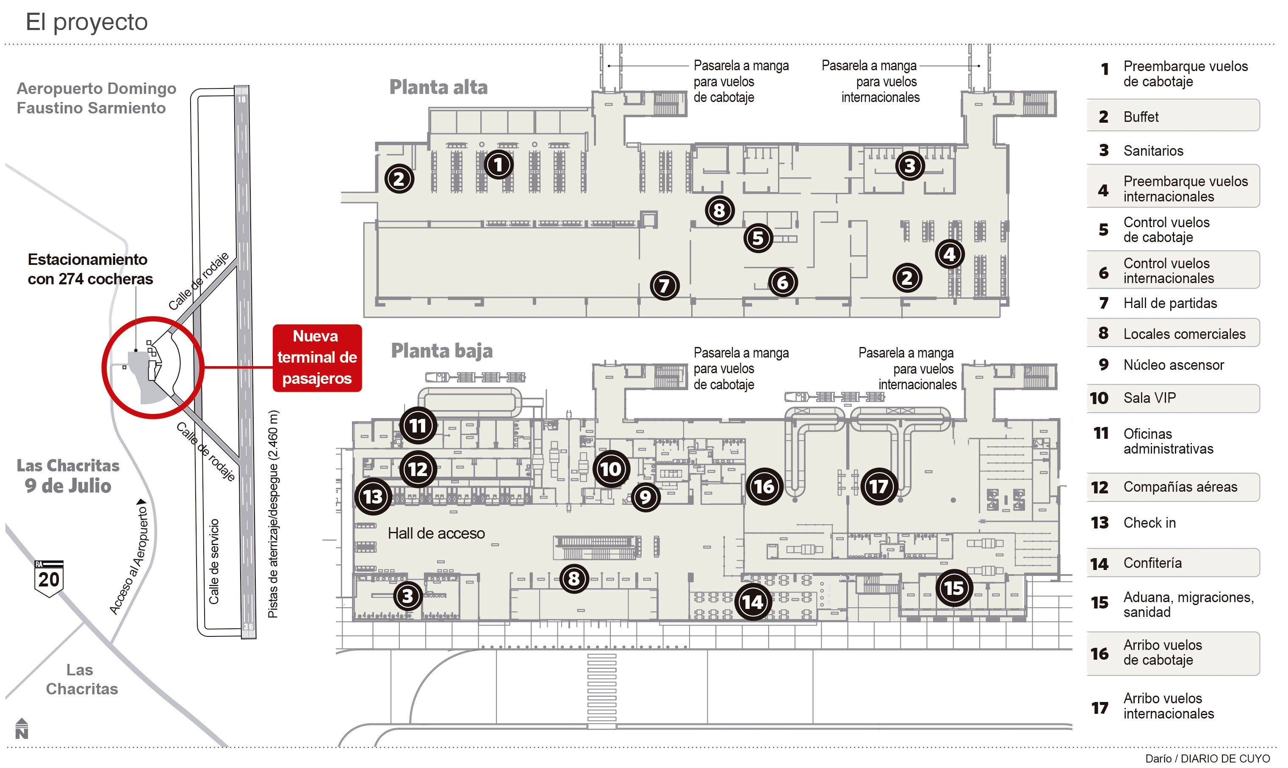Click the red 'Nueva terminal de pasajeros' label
point(317,358)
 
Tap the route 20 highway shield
point(49,578)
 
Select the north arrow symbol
point(22,729)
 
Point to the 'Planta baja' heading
point(441,351)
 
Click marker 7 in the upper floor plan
point(665,285)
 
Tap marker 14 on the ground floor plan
point(753,601)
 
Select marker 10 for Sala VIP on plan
point(611,469)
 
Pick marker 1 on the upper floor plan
point(499,165)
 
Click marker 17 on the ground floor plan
point(878,487)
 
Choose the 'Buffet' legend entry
point(1141,117)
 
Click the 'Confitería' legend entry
point(1152,563)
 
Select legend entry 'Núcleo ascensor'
point(1173,365)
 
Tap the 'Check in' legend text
point(1149,523)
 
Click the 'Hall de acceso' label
point(436,533)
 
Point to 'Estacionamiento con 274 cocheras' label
point(90,269)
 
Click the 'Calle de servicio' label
point(214,562)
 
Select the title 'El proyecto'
point(86,22)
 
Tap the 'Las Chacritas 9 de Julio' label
point(68,476)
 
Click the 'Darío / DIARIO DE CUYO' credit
point(1207,759)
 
